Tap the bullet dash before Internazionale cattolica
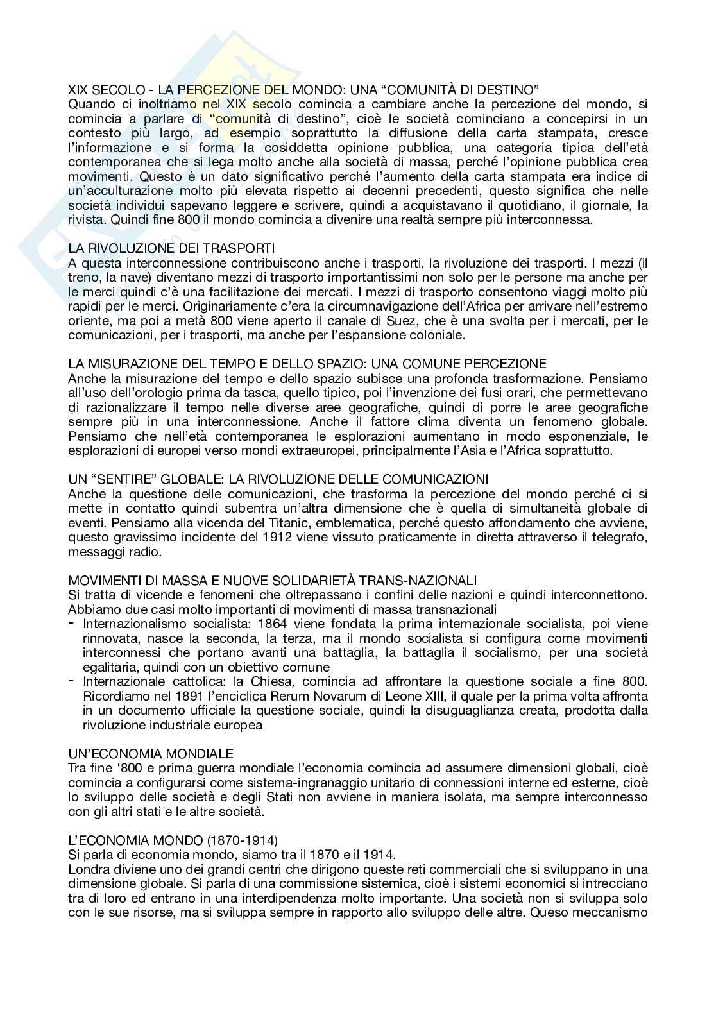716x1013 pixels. pos(71,681)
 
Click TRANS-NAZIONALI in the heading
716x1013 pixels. pos(424,581)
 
